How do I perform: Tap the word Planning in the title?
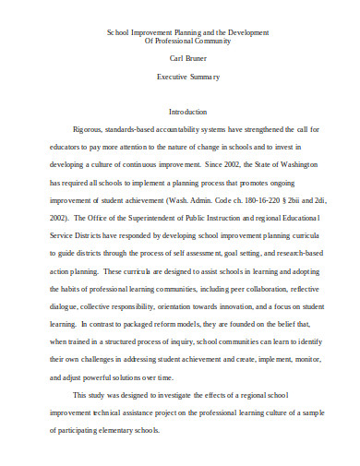coord(155,31)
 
